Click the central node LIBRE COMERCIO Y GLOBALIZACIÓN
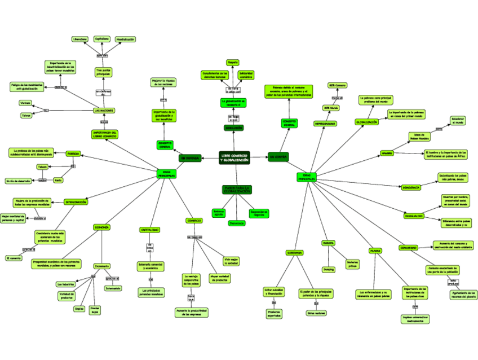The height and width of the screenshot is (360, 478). pyautogui.click(x=235, y=157)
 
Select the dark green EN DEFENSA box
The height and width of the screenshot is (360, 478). pyautogui.click(x=189, y=158)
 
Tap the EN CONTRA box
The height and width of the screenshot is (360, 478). pyautogui.click(x=278, y=156)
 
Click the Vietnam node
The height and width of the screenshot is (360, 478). pyautogui.click(x=25, y=103)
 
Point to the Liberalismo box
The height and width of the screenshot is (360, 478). pyautogui.click(x=80, y=39)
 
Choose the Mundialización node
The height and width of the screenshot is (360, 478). pyautogui.click(x=125, y=39)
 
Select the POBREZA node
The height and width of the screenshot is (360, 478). pyautogui.click(x=73, y=153)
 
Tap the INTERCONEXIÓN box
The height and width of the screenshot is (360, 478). pyautogui.click(x=75, y=201)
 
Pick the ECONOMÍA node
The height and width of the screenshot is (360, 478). pyautogui.click(x=101, y=227)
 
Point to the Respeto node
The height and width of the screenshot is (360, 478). pyautogui.click(x=232, y=62)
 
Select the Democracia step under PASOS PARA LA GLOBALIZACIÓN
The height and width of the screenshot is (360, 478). pyautogui.click(x=237, y=223)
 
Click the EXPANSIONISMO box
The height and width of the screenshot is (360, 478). pyautogui.click(x=325, y=123)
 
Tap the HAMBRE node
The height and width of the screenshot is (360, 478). pyautogui.click(x=386, y=153)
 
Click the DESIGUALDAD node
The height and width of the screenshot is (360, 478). pyautogui.click(x=414, y=216)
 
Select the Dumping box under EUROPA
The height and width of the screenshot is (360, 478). pyautogui.click(x=329, y=269)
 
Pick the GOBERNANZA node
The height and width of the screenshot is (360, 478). pyautogui.click(x=295, y=252)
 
